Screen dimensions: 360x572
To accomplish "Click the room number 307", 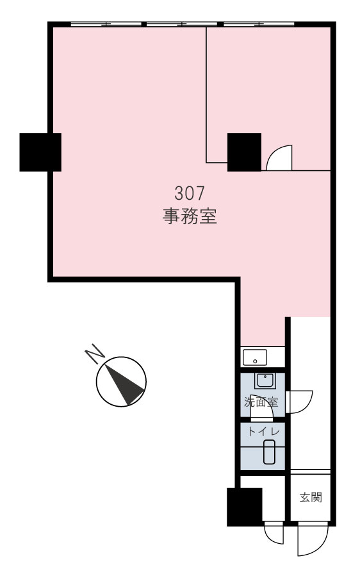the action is tap(190, 193).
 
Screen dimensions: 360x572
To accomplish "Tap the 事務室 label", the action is tap(190, 216).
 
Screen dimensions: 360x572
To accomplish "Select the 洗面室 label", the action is tap(261, 402).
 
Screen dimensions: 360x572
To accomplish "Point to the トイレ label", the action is tap(263, 432).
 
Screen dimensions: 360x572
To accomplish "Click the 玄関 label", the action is tap(311, 497).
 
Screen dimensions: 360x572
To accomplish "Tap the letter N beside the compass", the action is tap(94, 354).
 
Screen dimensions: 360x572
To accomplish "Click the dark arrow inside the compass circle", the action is tap(124, 386).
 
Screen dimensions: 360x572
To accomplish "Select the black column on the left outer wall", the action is tap(40, 152).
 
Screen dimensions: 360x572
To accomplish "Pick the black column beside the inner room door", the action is tap(244, 152).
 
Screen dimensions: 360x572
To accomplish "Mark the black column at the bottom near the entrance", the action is tap(244, 507).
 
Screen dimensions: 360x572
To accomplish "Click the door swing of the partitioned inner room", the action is tap(280, 158).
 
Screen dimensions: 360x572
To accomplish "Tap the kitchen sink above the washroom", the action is tap(255, 357).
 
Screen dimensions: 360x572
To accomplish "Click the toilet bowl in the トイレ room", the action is tap(269, 452).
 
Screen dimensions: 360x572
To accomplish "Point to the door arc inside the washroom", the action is tap(261, 408).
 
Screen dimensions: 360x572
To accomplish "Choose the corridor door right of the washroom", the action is tap(299, 402).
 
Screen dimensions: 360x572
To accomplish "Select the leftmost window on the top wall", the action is tap(106, 24).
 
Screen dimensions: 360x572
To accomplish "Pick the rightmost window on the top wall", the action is tap(259, 24).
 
